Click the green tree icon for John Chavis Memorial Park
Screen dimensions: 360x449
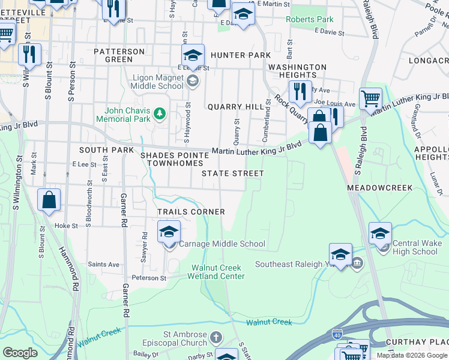click(x=160, y=113)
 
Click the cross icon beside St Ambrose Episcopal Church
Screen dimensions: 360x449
click(x=215, y=337)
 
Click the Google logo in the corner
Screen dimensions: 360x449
click(x=20, y=352)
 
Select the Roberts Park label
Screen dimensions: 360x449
click(x=309, y=19)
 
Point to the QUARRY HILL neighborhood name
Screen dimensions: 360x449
click(x=235, y=107)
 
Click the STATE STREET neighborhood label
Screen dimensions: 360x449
click(x=232, y=173)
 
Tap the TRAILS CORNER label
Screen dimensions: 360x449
click(x=191, y=212)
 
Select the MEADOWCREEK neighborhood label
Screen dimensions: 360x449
click(x=379, y=188)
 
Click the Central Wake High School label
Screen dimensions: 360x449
click(x=416, y=247)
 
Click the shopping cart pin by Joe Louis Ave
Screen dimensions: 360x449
click(x=370, y=98)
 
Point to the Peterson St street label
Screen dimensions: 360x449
click(x=149, y=278)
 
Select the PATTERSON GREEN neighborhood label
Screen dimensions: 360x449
click(x=119, y=55)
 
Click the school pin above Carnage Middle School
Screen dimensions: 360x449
click(x=169, y=232)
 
